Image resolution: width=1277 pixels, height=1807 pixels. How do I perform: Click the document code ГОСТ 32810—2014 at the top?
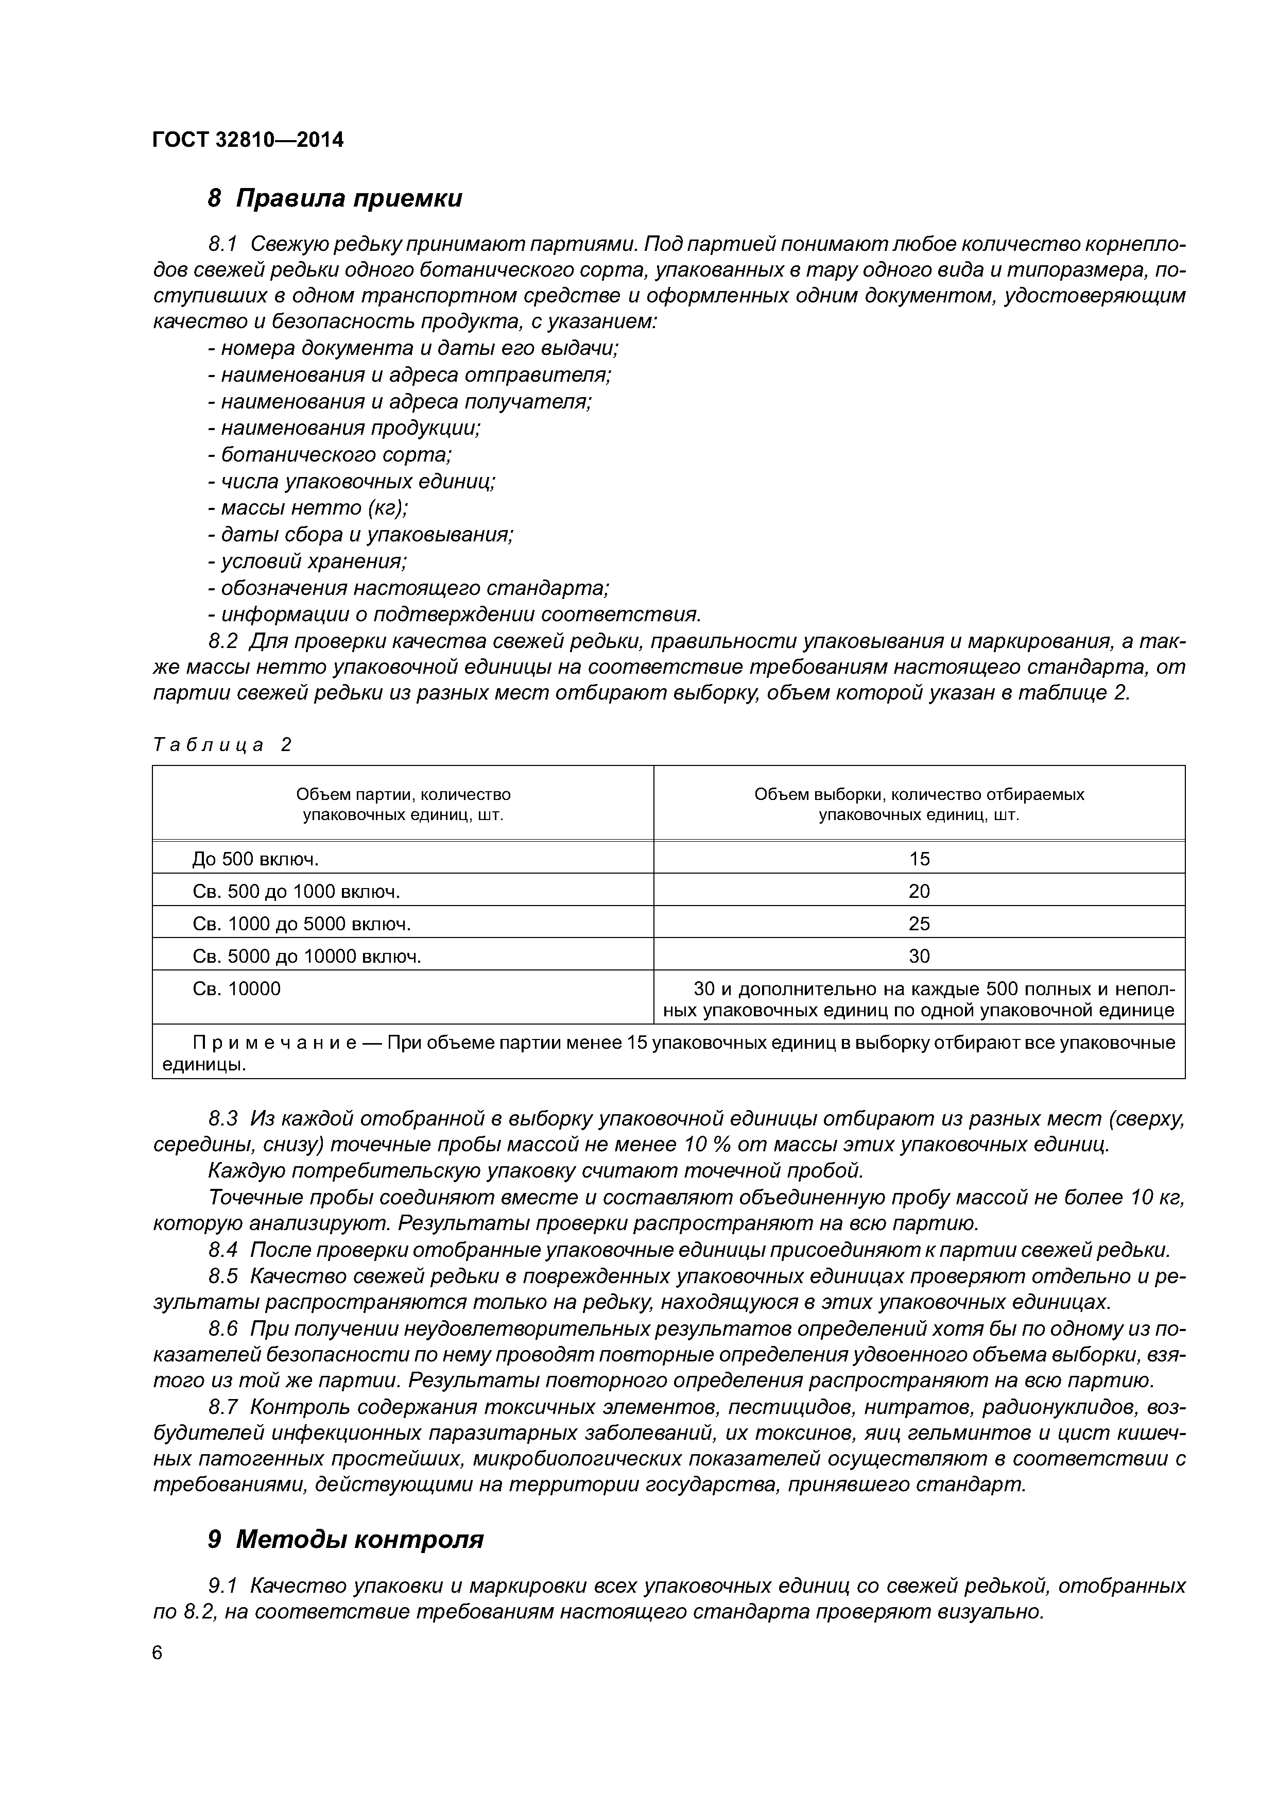(x=248, y=140)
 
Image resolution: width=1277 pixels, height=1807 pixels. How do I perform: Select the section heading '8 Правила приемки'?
(x=334, y=198)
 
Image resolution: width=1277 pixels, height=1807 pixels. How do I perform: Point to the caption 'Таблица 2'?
(x=222, y=744)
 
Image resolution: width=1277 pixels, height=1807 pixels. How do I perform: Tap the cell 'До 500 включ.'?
(x=256, y=859)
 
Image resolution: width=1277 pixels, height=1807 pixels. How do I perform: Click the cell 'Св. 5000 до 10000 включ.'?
(x=307, y=956)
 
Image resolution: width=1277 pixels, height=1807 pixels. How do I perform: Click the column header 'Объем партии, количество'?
(x=403, y=795)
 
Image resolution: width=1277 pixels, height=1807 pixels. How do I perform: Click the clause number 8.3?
(x=223, y=1118)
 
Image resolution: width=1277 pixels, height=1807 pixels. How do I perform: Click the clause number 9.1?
(x=223, y=1586)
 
